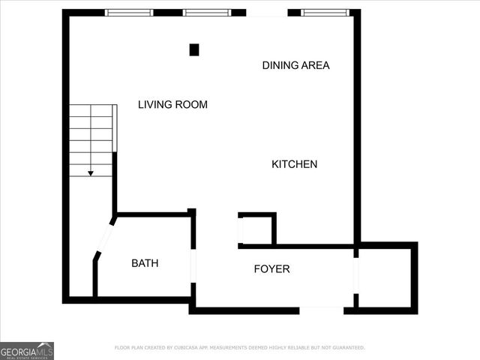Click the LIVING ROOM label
(x=172, y=105)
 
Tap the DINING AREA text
(x=295, y=65)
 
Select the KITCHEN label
(x=294, y=164)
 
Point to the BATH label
(x=145, y=263)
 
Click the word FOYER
(x=271, y=269)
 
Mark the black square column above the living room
(x=194, y=50)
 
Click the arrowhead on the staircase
(x=91, y=173)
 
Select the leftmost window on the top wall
(x=129, y=13)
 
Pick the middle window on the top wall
(x=207, y=13)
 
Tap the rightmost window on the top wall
(x=325, y=13)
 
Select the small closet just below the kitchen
(x=256, y=229)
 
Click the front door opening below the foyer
(x=322, y=310)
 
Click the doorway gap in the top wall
(x=266, y=13)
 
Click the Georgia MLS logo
(x=27, y=350)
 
